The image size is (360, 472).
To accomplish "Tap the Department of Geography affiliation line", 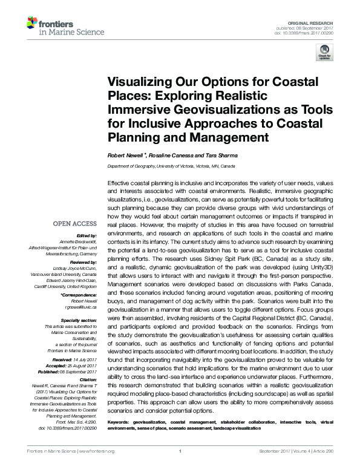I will [172, 165].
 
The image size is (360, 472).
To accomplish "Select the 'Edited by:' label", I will [88, 235].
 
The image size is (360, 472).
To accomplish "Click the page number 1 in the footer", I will [180, 467].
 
